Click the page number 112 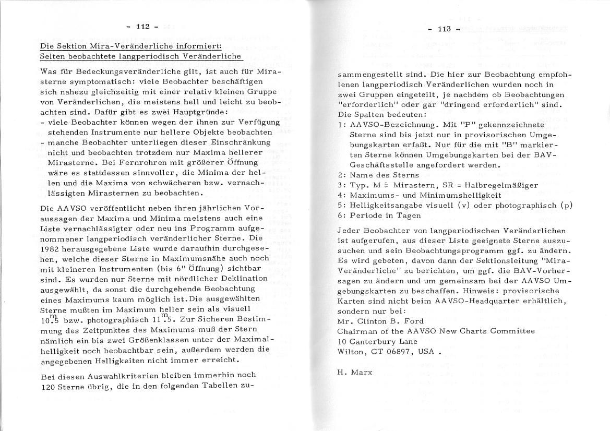click(x=143, y=27)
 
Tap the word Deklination click(x=246, y=279)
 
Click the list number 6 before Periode click(x=340, y=214)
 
